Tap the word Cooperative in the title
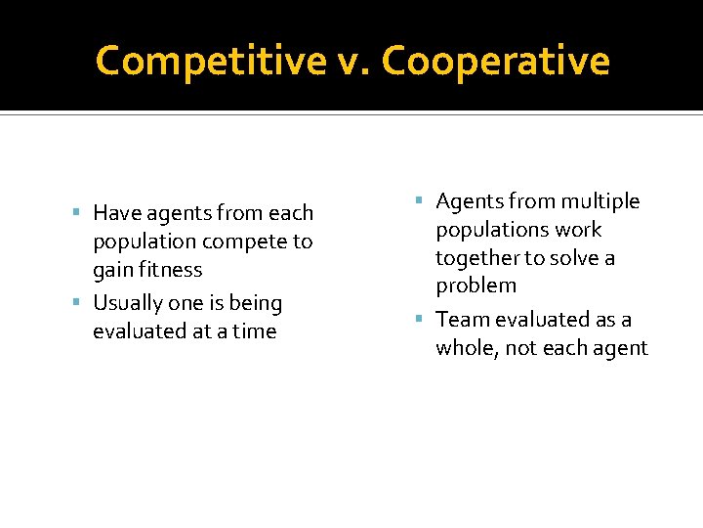click(x=496, y=62)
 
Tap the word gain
click(x=113, y=270)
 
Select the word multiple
click(x=600, y=202)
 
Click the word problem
click(x=476, y=286)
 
